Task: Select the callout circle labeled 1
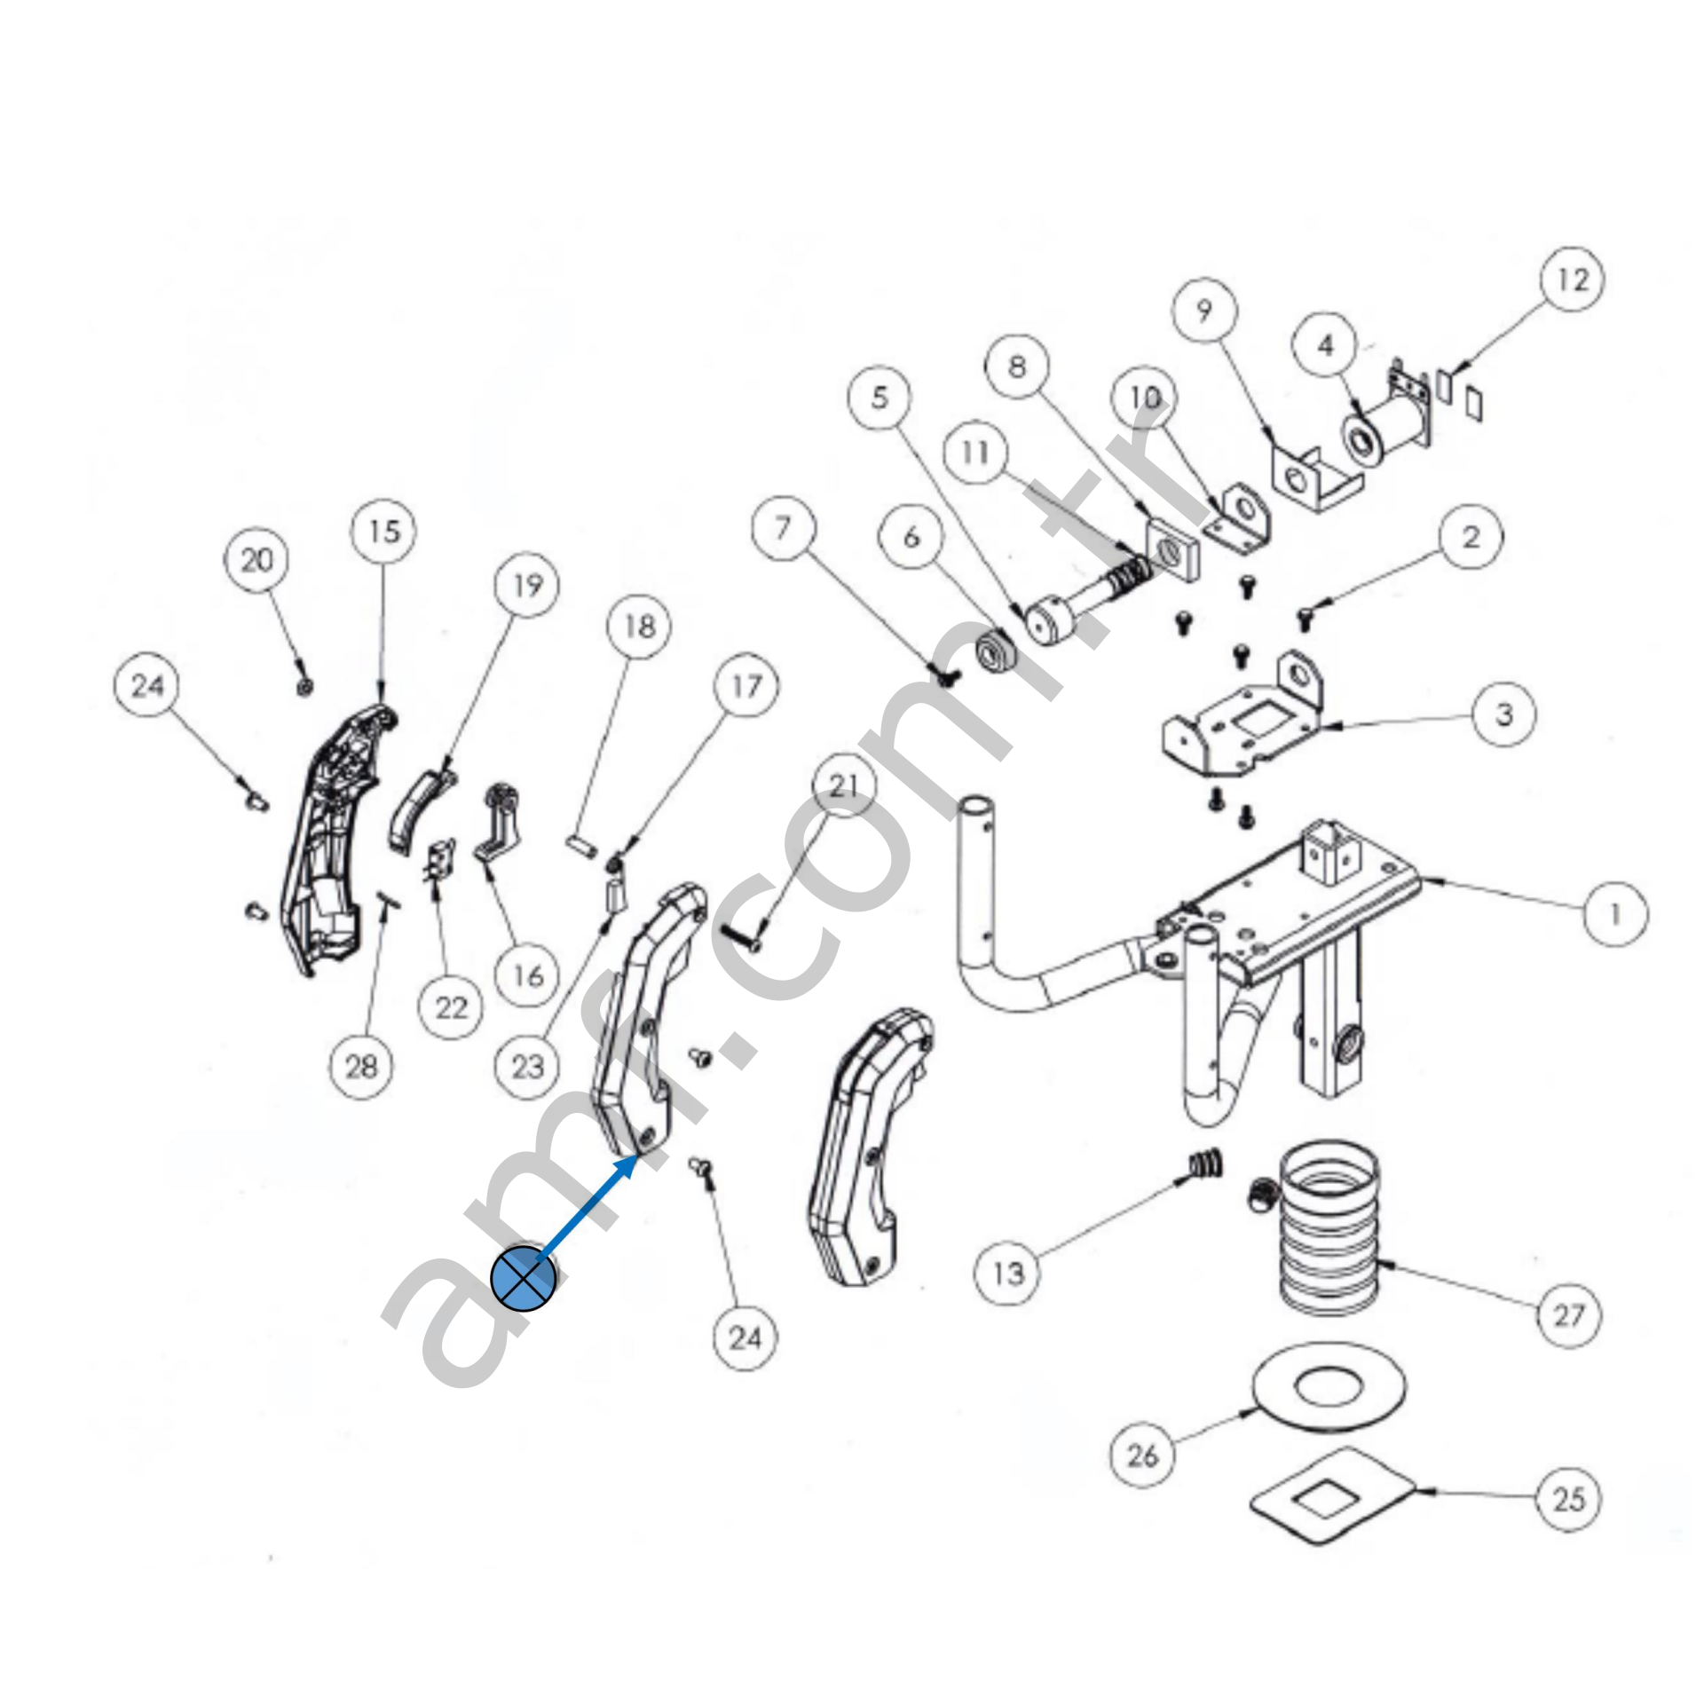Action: [x=1615, y=913]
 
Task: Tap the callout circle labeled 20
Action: [x=256, y=560]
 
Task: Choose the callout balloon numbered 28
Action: [x=361, y=1066]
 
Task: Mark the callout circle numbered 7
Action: [x=782, y=529]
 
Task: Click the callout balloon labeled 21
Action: [x=843, y=785]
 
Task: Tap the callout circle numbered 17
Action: [x=747, y=686]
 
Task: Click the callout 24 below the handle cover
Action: [x=745, y=1338]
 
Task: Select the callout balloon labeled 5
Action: [x=880, y=398]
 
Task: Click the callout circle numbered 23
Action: [x=527, y=1066]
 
